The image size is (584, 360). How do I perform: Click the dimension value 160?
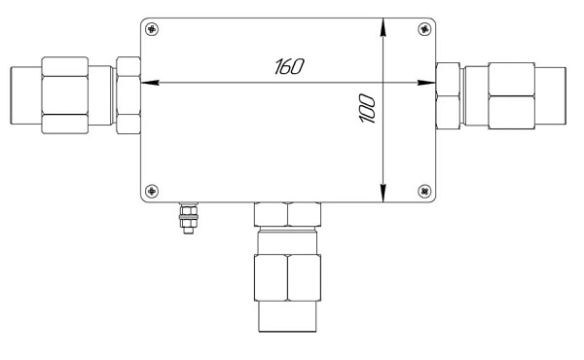click(x=289, y=66)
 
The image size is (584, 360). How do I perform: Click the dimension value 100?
click(x=367, y=108)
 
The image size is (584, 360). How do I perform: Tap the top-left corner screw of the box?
click(x=152, y=28)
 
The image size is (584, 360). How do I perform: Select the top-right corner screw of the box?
click(x=424, y=28)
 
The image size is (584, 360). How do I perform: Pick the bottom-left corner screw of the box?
click(x=152, y=191)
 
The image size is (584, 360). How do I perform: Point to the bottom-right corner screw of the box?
click(x=424, y=191)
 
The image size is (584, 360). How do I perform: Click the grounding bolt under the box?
click(x=189, y=218)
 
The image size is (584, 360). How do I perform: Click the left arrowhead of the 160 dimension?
click(x=150, y=83)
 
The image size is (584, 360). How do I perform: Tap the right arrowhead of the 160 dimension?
click(x=426, y=83)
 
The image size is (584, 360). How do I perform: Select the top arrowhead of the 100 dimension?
click(x=383, y=27)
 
